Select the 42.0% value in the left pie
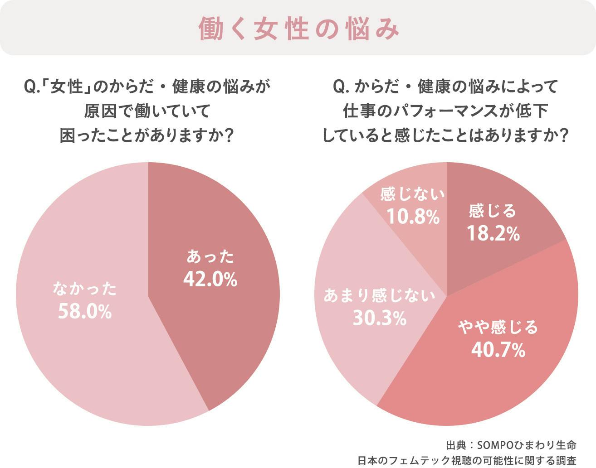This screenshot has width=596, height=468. [x=210, y=280]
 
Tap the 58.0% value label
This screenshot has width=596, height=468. [x=85, y=312]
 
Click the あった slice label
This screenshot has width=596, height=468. [x=210, y=257]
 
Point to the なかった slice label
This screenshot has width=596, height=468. [x=85, y=289]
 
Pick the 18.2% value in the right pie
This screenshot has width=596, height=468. [x=493, y=234]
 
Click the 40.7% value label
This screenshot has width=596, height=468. [x=498, y=350]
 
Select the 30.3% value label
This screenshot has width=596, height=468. [x=379, y=318]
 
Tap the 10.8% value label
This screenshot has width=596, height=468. [x=413, y=217]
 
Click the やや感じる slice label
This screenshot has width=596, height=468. [x=498, y=327]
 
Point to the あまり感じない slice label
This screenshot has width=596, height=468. [x=379, y=296]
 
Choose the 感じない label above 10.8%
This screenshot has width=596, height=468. [x=413, y=194]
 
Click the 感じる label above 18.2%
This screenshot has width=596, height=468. [x=493, y=211]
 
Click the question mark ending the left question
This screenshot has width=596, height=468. [x=229, y=135]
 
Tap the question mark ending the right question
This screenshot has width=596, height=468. [x=564, y=135]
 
